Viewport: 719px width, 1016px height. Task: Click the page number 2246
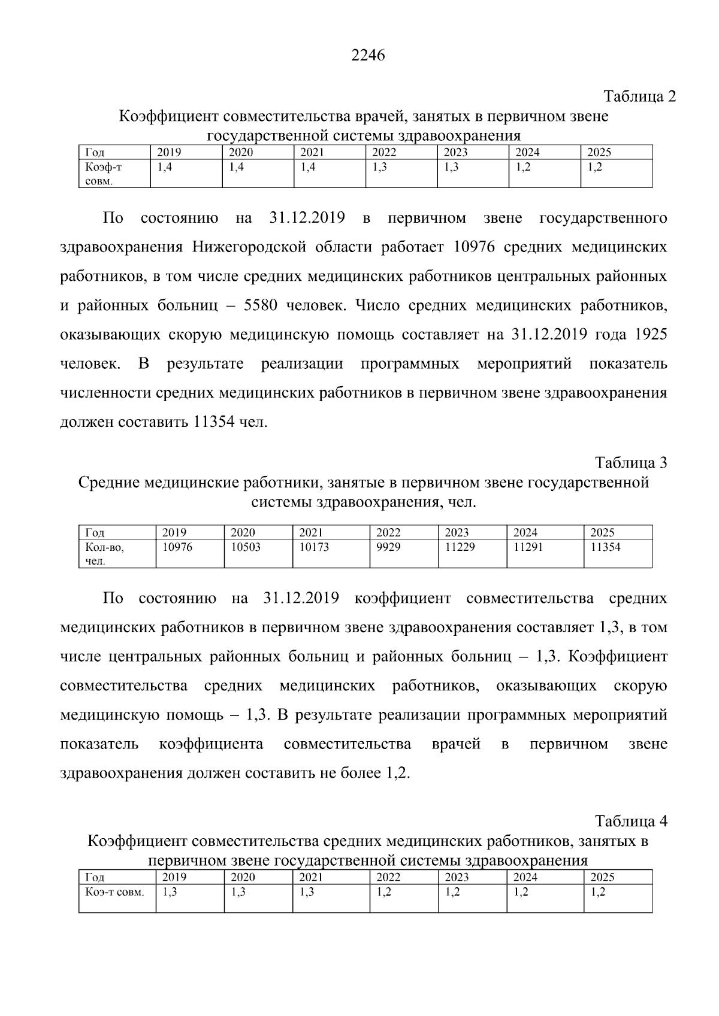coord(367,56)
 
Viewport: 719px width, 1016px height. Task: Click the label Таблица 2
coord(639,96)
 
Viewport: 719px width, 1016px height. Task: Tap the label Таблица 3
coord(630,463)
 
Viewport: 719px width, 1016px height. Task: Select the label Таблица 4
coord(630,820)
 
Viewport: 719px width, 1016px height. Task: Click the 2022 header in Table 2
coord(384,153)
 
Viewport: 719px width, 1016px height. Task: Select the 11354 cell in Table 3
coord(605,547)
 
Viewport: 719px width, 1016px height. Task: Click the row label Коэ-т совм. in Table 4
coord(115,892)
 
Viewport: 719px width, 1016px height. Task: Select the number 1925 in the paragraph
coord(650,335)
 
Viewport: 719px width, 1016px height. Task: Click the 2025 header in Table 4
coord(602,877)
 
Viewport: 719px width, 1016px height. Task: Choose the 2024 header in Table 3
coord(525,532)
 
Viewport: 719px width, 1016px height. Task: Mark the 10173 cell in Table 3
coord(315,547)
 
